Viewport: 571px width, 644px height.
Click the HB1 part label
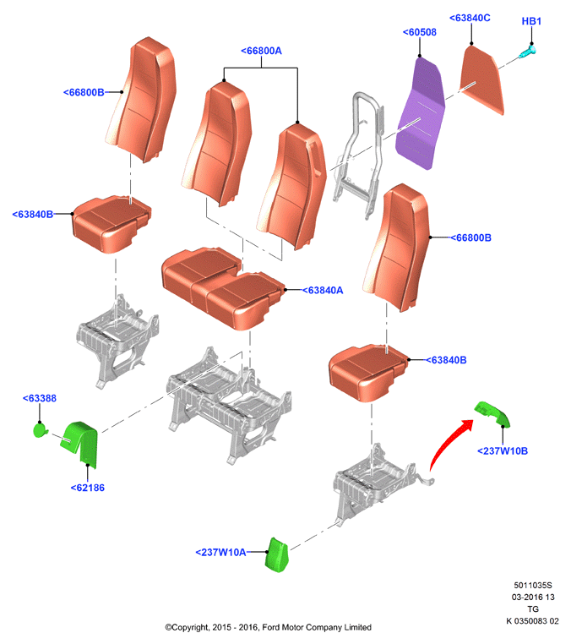(531, 21)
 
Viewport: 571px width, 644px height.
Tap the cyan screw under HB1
(527, 52)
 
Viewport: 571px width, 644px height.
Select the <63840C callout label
(470, 18)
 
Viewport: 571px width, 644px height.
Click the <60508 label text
(419, 32)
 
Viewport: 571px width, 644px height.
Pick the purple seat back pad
(420, 114)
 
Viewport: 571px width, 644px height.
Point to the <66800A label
(261, 51)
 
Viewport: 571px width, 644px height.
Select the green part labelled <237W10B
(493, 413)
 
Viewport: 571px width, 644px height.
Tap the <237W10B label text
(503, 451)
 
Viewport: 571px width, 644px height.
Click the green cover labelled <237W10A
(277, 555)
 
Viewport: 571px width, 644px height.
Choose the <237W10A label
(220, 553)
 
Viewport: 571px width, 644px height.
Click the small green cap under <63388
(41, 430)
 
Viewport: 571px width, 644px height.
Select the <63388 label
(40, 398)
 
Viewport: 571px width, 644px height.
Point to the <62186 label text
(88, 488)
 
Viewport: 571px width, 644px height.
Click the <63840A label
(323, 291)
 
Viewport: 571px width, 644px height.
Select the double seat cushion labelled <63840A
(222, 287)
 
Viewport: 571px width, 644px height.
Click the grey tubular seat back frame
(359, 154)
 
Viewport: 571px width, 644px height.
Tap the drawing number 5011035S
(533, 586)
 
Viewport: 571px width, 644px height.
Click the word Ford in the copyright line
(270, 627)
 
